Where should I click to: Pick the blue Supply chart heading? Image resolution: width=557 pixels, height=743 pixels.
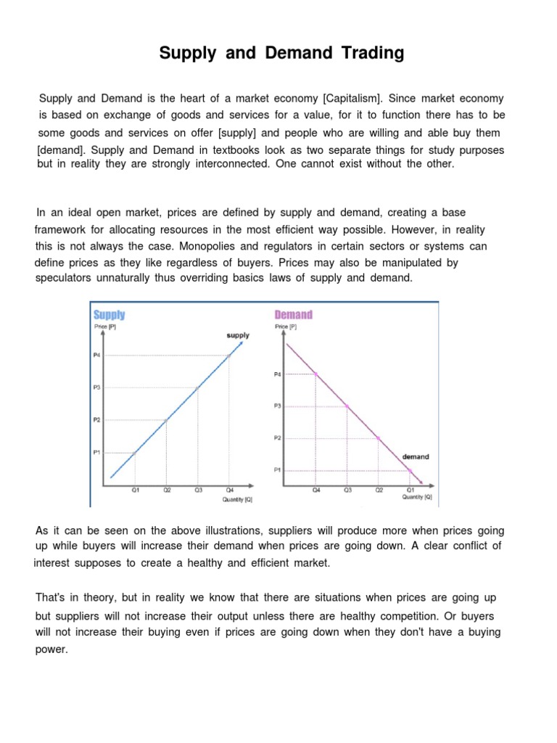click(x=109, y=315)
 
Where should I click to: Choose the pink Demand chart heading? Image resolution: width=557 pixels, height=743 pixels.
click(x=293, y=315)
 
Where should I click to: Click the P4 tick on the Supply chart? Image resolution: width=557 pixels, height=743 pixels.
click(x=96, y=355)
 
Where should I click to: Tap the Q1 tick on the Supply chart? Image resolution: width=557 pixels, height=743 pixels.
click(x=135, y=490)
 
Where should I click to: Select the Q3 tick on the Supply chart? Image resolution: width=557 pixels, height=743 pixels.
click(x=197, y=490)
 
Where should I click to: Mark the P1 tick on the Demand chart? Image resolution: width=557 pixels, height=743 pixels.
click(x=277, y=470)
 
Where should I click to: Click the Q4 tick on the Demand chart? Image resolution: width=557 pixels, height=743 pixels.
click(x=315, y=490)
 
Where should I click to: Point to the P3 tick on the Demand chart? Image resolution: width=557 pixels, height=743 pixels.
click(x=277, y=406)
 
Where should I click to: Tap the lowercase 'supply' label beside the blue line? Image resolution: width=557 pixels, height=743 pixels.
click(x=238, y=335)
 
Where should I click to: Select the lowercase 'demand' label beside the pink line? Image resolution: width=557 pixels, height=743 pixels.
click(x=416, y=457)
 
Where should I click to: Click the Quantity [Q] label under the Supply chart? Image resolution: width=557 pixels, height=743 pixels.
click(x=237, y=499)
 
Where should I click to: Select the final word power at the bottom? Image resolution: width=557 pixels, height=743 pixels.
click(x=51, y=649)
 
